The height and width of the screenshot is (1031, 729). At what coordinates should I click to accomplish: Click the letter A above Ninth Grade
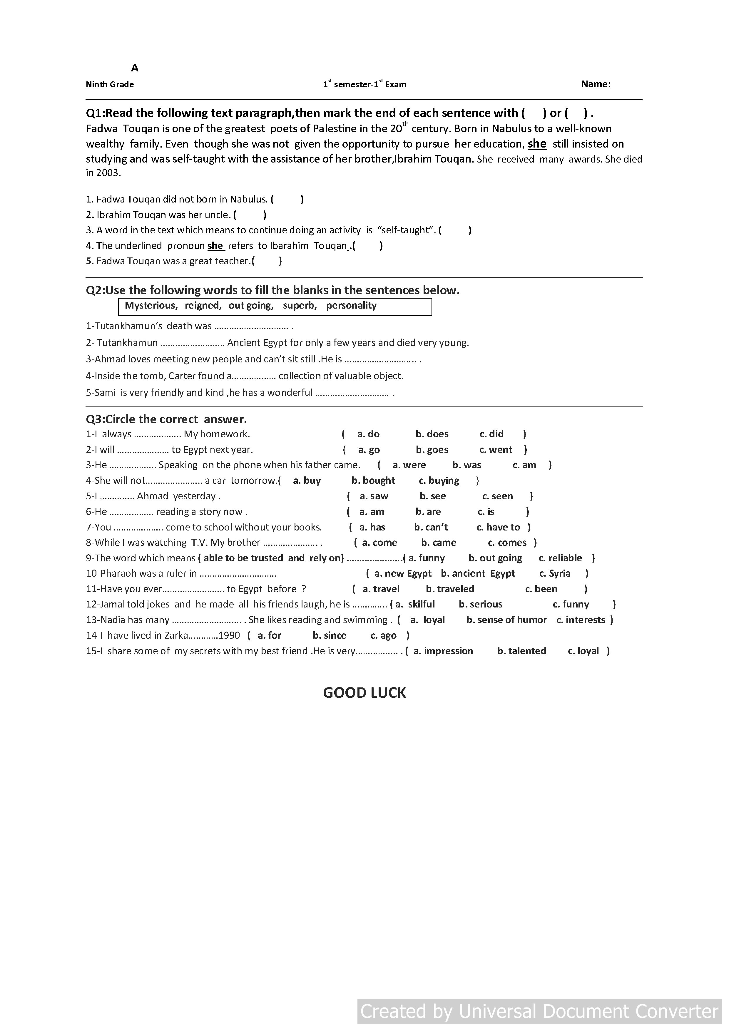[135, 68]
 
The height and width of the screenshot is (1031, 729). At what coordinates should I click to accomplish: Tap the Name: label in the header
[596, 84]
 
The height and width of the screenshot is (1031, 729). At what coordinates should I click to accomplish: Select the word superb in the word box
[300, 305]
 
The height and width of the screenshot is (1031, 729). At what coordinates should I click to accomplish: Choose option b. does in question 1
[432, 434]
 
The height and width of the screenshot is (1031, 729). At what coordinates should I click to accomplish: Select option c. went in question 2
[496, 449]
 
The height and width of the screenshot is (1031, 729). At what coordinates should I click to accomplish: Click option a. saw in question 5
[374, 496]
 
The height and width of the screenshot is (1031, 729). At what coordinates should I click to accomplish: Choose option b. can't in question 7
[431, 527]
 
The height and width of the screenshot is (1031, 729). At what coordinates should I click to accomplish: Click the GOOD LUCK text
[364, 693]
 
